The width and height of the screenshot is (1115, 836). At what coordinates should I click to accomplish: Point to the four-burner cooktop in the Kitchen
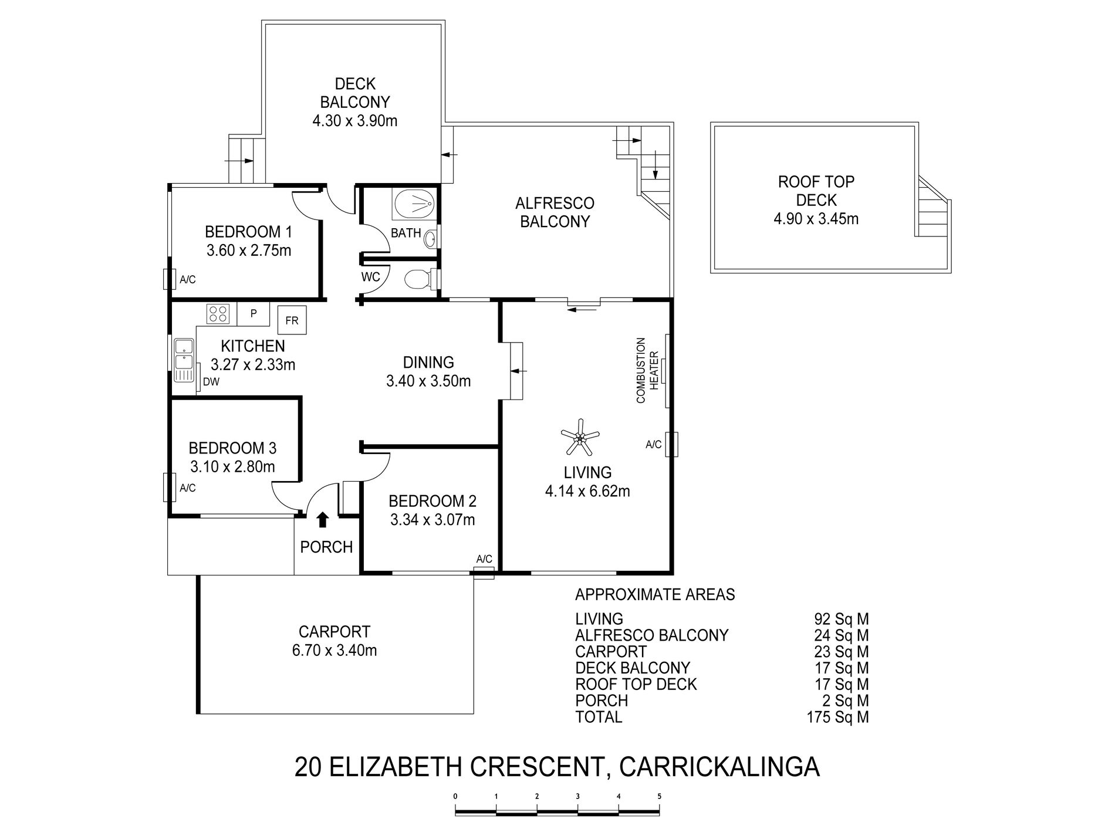click(x=218, y=314)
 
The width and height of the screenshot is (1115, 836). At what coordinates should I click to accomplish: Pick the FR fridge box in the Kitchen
click(x=292, y=320)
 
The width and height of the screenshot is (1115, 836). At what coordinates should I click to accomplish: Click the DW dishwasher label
click(x=211, y=383)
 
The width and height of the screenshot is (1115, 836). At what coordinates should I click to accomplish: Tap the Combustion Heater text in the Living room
click(x=647, y=370)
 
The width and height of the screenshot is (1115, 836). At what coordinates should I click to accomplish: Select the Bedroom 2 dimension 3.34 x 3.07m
click(x=433, y=520)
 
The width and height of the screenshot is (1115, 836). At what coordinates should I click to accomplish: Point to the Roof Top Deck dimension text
click(x=816, y=219)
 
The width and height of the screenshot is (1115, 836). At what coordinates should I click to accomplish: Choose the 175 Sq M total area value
click(x=837, y=717)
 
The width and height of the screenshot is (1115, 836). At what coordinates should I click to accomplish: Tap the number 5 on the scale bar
click(x=660, y=797)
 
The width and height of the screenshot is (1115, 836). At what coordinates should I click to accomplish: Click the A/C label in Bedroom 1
click(x=188, y=280)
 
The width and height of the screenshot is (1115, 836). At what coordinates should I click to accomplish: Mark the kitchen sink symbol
click(x=184, y=360)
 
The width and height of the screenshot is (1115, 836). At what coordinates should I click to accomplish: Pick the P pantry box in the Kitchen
click(x=254, y=314)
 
